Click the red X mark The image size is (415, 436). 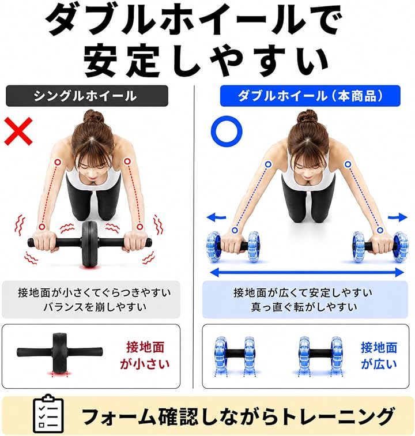18,131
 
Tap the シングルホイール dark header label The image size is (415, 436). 86,96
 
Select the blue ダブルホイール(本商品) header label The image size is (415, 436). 310,96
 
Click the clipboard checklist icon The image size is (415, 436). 48,414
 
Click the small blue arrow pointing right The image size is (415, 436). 398,217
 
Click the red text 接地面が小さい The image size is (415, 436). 145,355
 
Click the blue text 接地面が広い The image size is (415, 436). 379,355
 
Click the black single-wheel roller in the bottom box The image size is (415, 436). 60,352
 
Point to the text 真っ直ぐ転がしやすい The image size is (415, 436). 304,307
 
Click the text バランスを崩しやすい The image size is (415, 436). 95,307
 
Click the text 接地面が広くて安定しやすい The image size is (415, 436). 303,292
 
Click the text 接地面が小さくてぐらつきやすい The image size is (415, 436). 95,292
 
